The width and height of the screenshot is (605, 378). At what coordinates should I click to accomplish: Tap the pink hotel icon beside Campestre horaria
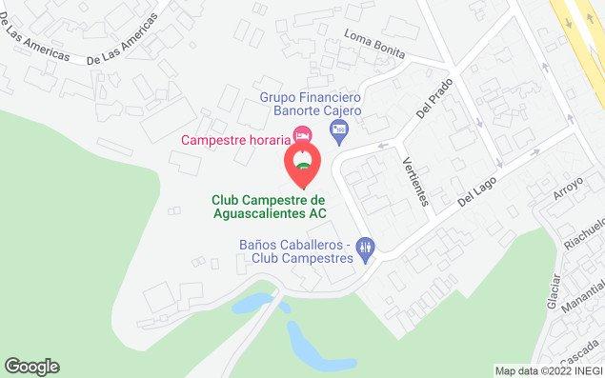(303, 136)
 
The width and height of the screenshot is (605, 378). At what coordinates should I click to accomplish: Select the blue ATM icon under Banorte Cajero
(343, 127)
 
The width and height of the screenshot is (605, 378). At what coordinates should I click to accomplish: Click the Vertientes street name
(417, 180)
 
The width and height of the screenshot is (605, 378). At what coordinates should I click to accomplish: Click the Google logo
(31, 367)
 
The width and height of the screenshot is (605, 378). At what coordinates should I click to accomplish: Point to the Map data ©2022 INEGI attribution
(548, 370)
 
